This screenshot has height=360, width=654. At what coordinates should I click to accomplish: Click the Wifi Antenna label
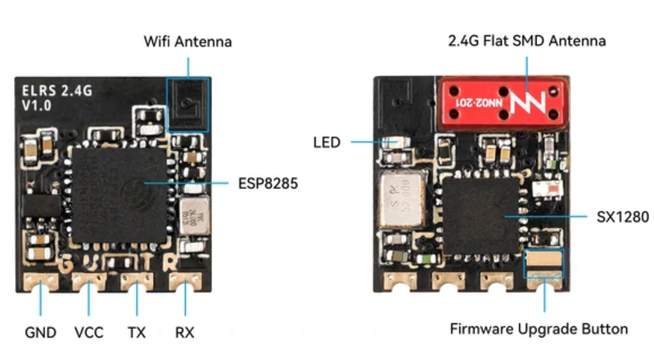point(187,42)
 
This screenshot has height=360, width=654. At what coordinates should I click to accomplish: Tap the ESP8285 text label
point(268,183)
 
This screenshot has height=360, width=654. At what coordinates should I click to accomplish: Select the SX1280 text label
point(622,216)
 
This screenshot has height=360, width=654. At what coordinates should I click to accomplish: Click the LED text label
point(326,142)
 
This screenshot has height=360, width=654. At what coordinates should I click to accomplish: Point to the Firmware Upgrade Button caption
point(539,329)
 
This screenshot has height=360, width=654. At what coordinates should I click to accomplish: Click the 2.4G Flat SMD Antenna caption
point(527,41)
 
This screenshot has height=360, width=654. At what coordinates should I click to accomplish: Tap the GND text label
point(41,333)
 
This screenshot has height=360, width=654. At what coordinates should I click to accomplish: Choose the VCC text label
point(89,333)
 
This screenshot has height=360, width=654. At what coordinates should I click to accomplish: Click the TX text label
point(136,333)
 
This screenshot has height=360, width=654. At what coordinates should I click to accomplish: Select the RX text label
point(184,333)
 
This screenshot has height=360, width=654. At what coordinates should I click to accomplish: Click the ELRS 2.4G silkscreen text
point(57,91)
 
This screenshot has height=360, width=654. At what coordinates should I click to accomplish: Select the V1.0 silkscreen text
point(37,105)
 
